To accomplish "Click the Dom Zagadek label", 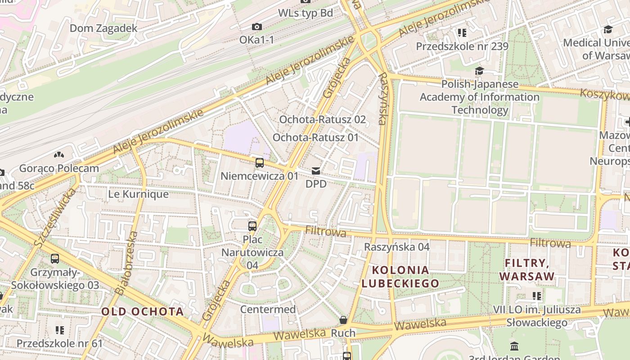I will pyautogui.click(x=103, y=28).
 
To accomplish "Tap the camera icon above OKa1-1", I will pyautogui.click(x=257, y=27).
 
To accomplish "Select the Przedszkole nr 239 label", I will pyautogui.click(x=462, y=46).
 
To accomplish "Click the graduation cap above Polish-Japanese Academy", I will pyautogui.click(x=479, y=71).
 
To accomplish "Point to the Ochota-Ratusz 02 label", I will pyautogui.click(x=322, y=120).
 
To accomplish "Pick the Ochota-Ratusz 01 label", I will pyautogui.click(x=315, y=138).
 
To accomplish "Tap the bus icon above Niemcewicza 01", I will pyautogui.click(x=260, y=163).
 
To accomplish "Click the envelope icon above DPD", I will pyautogui.click(x=316, y=171).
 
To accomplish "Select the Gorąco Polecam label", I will pyautogui.click(x=59, y=169).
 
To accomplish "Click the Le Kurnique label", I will pyautogui.click(x=138, y=194).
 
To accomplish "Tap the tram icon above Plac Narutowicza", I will pyautogui.click(x=252, y=226).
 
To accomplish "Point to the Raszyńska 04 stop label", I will pyautogui.click(x=396, y=247).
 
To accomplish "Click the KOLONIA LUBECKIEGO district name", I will pyautogui.click(x=400, y=277).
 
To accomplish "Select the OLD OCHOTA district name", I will pyautogui.click(x=142, y=311).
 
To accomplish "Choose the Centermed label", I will pyautogui.click(x=268, y=310).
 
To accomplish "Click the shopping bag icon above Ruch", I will pyautogui.click(x=343, y=320).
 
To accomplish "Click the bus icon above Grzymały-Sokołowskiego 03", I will pyautogui.click(x=55, y=259).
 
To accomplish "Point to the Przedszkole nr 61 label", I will pyautogui.click(x=59, y=344).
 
